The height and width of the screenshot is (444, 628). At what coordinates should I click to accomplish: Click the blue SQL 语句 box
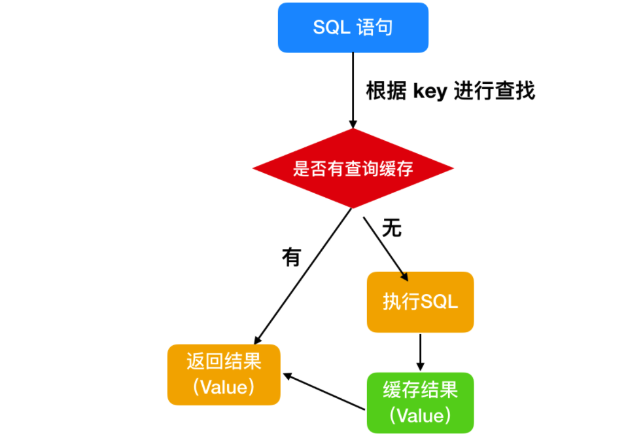353,28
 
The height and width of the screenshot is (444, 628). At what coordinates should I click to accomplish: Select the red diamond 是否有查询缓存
353,168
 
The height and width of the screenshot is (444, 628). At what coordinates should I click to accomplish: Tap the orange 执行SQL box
420,302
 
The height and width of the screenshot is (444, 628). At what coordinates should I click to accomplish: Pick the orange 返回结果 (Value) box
224,375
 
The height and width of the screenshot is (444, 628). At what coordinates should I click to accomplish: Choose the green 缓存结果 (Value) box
420,403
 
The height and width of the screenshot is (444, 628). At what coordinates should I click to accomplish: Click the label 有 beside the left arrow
292,257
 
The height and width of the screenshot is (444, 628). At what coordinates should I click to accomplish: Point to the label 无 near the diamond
392,228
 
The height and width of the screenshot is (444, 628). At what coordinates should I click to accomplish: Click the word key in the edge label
430,91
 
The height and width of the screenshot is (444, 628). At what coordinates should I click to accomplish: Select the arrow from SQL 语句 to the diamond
353,90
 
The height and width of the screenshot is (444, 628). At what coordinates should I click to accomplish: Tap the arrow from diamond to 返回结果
303,276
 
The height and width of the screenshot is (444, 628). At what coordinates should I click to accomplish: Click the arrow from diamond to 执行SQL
386,249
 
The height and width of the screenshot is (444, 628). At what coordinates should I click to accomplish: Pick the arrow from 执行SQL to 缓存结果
420,352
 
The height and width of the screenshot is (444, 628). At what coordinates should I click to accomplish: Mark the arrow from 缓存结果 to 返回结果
324,392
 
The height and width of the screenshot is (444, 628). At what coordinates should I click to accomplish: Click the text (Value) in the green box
420,416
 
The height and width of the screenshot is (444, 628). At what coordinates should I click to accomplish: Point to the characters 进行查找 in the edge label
495,90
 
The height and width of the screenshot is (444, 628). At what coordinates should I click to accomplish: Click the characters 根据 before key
386,90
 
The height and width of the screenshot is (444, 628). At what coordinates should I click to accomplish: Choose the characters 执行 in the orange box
402,302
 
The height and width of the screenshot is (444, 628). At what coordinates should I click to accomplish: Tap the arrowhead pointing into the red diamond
353,124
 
